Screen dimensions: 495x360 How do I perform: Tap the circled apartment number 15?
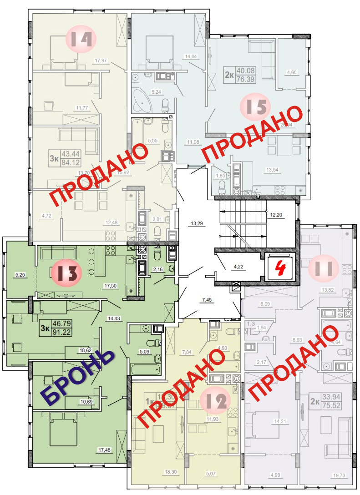click(255, 107)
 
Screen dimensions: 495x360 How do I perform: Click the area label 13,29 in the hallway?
click(197, 223)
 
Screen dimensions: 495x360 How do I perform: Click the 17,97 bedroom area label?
click(101, 60)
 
